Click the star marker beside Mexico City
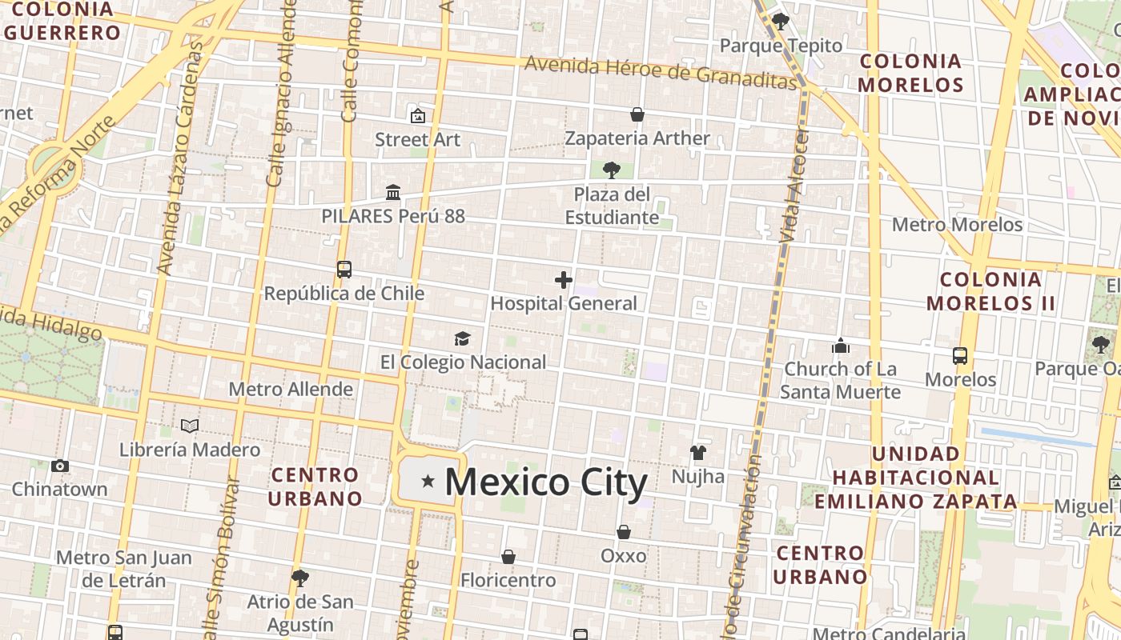428,482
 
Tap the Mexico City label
545,483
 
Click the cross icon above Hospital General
564,280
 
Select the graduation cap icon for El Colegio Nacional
462,338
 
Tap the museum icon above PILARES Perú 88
393,192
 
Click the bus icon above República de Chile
344,270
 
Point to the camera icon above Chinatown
60,466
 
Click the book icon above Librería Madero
190,426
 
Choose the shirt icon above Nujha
698,453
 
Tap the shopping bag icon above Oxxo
624,532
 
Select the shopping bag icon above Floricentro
508,557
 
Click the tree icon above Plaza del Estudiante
612,170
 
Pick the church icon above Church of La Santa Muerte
841,346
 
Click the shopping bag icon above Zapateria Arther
637,114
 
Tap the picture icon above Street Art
417,116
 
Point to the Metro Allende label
291,390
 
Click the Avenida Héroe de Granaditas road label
661,72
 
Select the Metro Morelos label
957,225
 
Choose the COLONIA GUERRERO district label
62,22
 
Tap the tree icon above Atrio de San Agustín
300,578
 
